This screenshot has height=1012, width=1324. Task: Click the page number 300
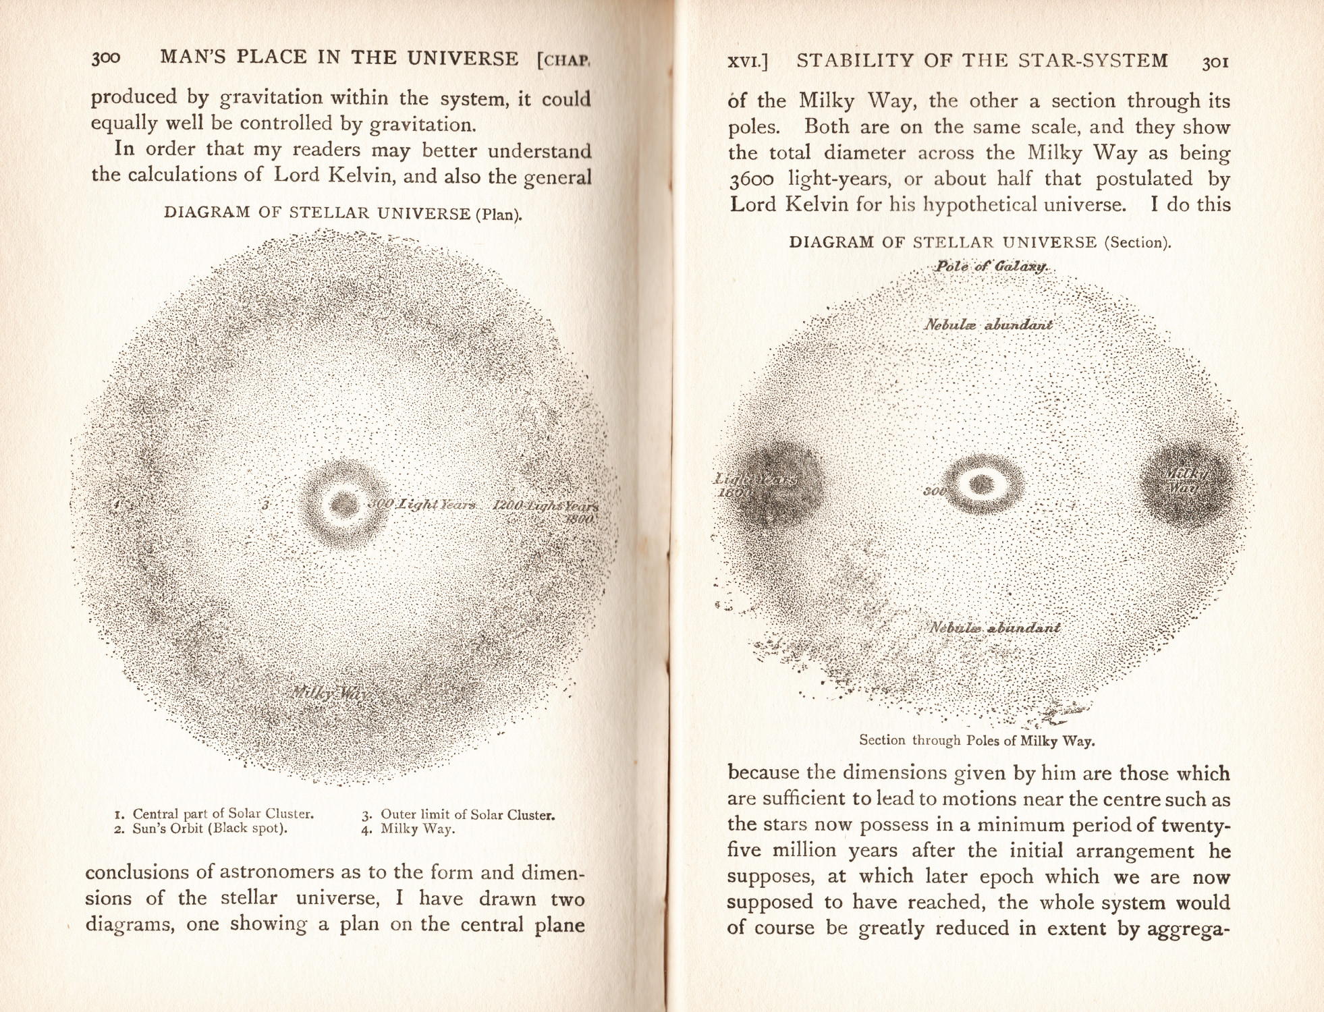[x=106, y=58]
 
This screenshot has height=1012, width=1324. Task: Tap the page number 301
[x=1215, y=63]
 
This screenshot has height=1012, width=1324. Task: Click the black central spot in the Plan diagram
[x=344, y=503]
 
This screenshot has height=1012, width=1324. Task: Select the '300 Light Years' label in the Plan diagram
[x=422, y=505]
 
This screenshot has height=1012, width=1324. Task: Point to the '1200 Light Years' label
[x=545, y=506]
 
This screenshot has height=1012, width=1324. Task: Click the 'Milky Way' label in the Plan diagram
[x=329, y=693]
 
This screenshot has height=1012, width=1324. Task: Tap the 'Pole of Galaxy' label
[x=990, y=266]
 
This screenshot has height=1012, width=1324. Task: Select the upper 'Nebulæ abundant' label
[x=988, y=325]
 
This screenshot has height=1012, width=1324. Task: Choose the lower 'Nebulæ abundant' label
[x=995, y=627]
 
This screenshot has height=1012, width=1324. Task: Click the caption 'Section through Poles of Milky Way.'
[x=976, y=740]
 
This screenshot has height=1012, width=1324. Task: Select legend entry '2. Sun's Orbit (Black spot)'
[x=201, y=828]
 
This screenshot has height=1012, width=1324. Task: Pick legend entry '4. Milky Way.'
[x=408, y=829]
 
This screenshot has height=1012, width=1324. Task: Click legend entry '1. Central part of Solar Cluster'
[x=215, y=814]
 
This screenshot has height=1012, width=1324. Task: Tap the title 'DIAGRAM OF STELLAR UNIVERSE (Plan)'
[x=343, y=213]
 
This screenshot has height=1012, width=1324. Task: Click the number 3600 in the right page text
[x=751, y=179]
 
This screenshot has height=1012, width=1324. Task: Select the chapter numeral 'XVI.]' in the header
[x=747, y=61]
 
